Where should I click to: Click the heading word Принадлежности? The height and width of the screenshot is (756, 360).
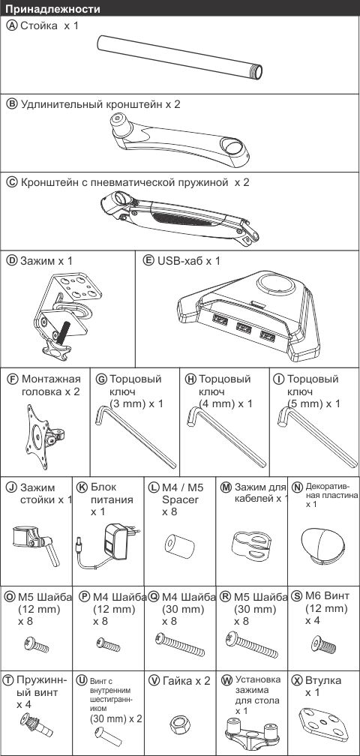click(x=53, y=9)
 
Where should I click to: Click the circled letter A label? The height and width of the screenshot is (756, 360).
click(x=12, y=25)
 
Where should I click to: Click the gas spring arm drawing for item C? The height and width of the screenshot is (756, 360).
click(x=179, y=216)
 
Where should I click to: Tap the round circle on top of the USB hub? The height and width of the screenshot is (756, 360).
click(x=277, y=284)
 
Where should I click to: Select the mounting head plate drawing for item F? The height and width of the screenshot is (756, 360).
click(x=43, y=436)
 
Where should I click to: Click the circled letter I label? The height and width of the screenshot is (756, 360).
click(x=278, y=379)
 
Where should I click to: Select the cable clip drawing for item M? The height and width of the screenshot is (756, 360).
click(x=250, y=549)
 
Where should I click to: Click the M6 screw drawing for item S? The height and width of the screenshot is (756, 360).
click(x=324, y=643)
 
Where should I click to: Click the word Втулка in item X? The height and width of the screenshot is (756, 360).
click(x=323, y=680)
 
